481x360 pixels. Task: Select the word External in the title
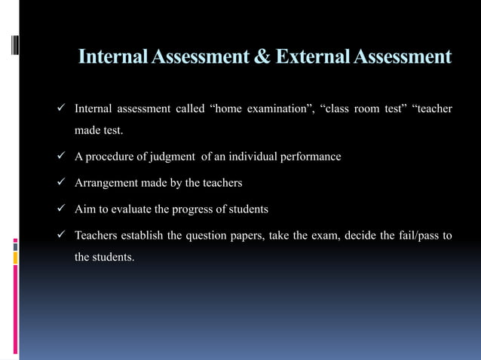coord(312,56)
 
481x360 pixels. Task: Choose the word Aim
coord(84,209)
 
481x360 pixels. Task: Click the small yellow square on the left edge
coord(15,258)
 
